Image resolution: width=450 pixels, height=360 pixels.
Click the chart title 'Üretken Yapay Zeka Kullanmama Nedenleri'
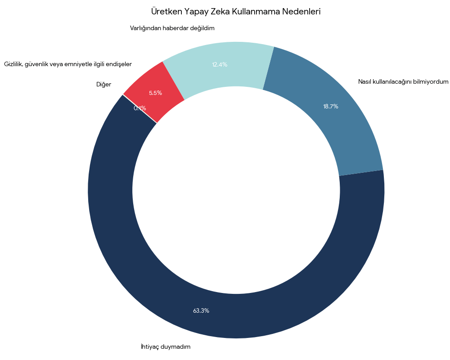[x=236, y=11]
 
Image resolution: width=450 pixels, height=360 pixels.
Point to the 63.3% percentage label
[x=201, y=310]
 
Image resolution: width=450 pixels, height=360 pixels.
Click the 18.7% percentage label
[x=330, y=107]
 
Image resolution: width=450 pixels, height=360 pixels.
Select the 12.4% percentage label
[x=220, y=64]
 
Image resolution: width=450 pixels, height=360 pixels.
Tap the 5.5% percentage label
[x=155, y=93]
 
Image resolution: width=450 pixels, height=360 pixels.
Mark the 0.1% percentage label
[x=139, y=108]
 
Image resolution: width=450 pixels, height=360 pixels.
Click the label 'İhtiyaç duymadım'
[x=166, y=346]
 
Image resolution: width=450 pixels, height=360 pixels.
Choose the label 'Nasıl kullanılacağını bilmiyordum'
[x=403, y=81]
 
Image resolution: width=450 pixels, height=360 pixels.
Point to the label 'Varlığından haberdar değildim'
[x=172, y=28]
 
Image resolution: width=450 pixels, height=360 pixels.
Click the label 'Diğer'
[x=103, y=84]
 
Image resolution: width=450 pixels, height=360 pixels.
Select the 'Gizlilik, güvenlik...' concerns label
[x=68, y=64]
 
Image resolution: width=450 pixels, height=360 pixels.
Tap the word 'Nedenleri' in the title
[x=301, y=11]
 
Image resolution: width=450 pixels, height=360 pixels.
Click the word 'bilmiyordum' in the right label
[x=431, y=81]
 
